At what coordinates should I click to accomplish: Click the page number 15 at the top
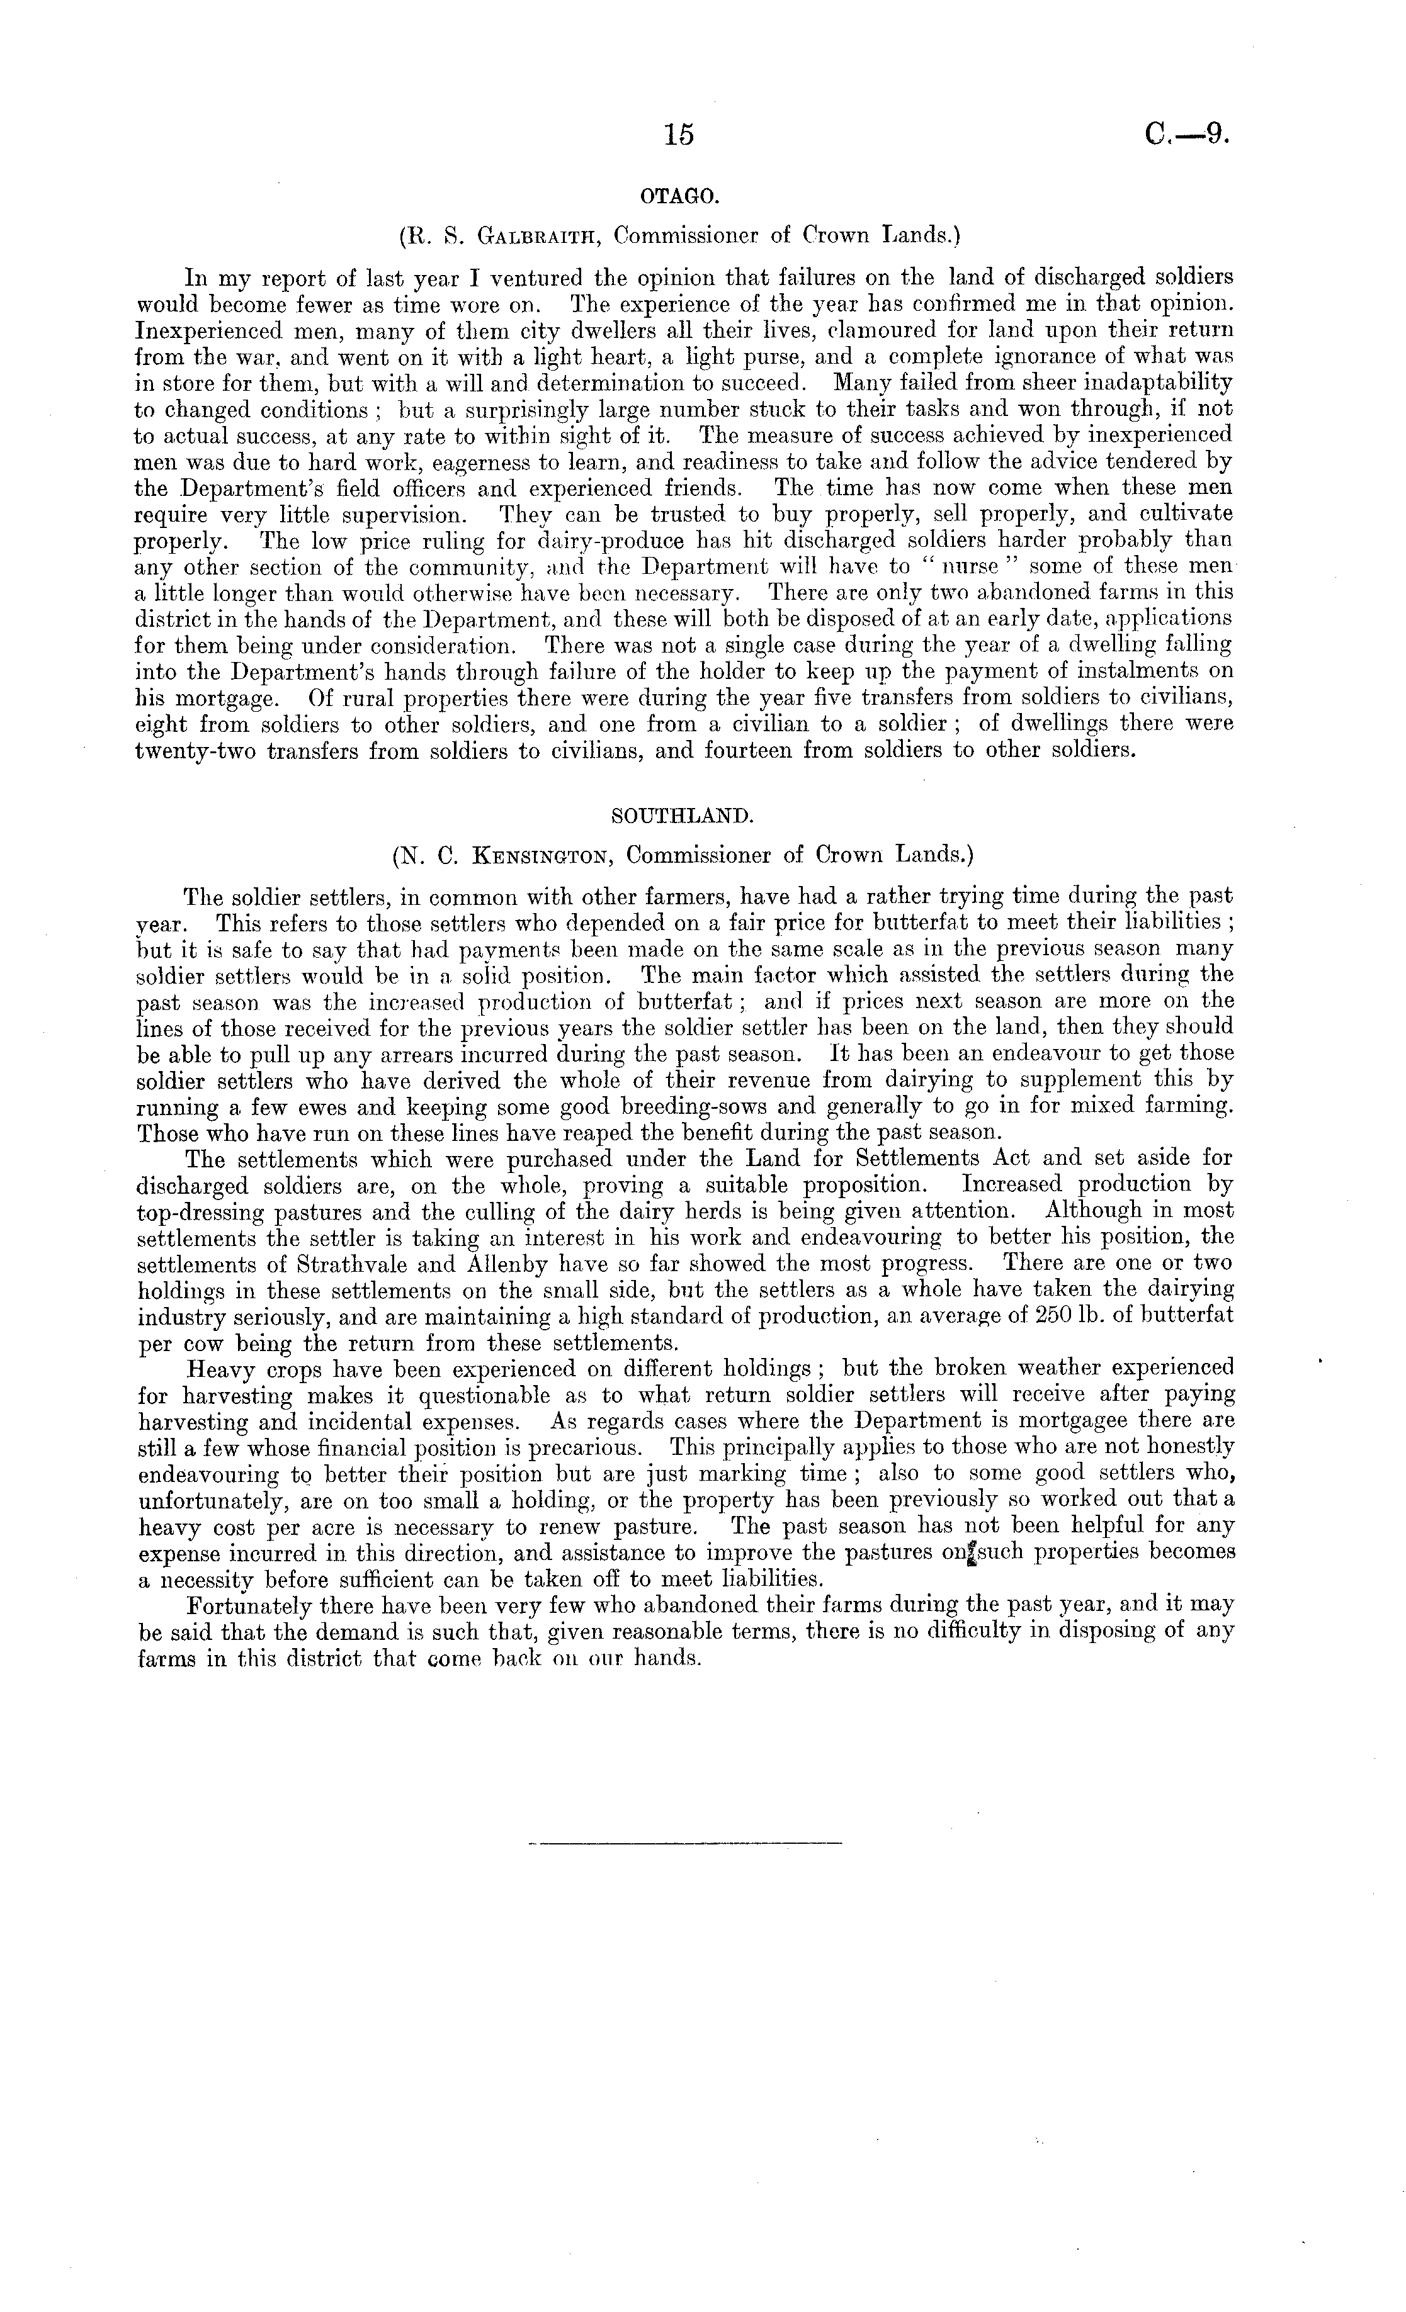pyautogui.click(x=677, y=135)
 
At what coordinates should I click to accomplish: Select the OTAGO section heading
pyautogui.click(x=679, y=196)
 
